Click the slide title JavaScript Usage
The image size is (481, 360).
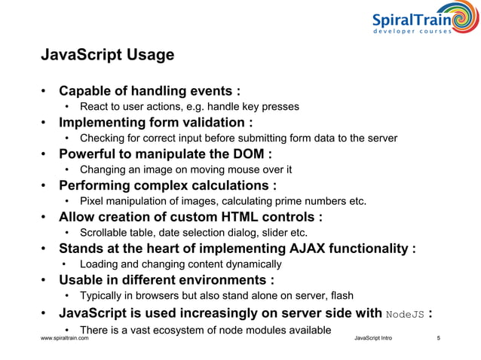(106, 56)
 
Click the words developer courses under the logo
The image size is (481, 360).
(413, 31)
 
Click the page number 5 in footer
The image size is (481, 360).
(439, 340)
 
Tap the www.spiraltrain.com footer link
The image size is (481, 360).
(64, 340)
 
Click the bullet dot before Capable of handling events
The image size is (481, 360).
(45, 92)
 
